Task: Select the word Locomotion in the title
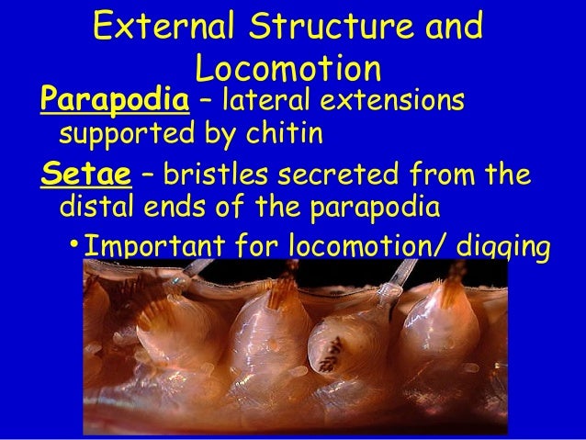point(288,69)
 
